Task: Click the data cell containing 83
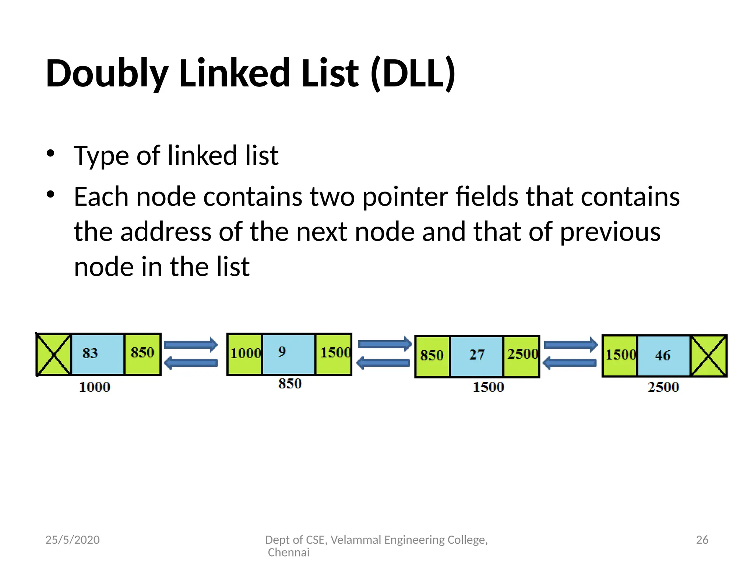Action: [x=98, y=354]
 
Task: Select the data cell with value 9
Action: [x=288, y=354]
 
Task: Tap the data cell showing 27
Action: [x=476, y=356]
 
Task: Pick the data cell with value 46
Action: [x=663, y=356]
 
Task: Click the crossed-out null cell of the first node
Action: [x=54, y=354]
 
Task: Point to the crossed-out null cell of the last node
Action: [x=708, y=356]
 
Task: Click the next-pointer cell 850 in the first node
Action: [x=142, y=354]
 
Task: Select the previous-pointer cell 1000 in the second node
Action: [x=245, y=354]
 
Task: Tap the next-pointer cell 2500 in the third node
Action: [x=521, y=356]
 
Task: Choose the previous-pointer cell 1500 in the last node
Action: [x=620, y=356]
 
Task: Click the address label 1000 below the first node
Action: [x=95, y=387]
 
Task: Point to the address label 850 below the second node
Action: [x=290, y=384]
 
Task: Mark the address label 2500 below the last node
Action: [x=663, y=387]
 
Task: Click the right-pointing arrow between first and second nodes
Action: [x=191, y=345]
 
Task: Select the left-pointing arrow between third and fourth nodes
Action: [x=569, y=363]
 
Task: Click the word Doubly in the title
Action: [x=107, y=74]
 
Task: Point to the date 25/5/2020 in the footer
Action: [x=73, y=540]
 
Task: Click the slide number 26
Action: [x=702, y=540]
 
